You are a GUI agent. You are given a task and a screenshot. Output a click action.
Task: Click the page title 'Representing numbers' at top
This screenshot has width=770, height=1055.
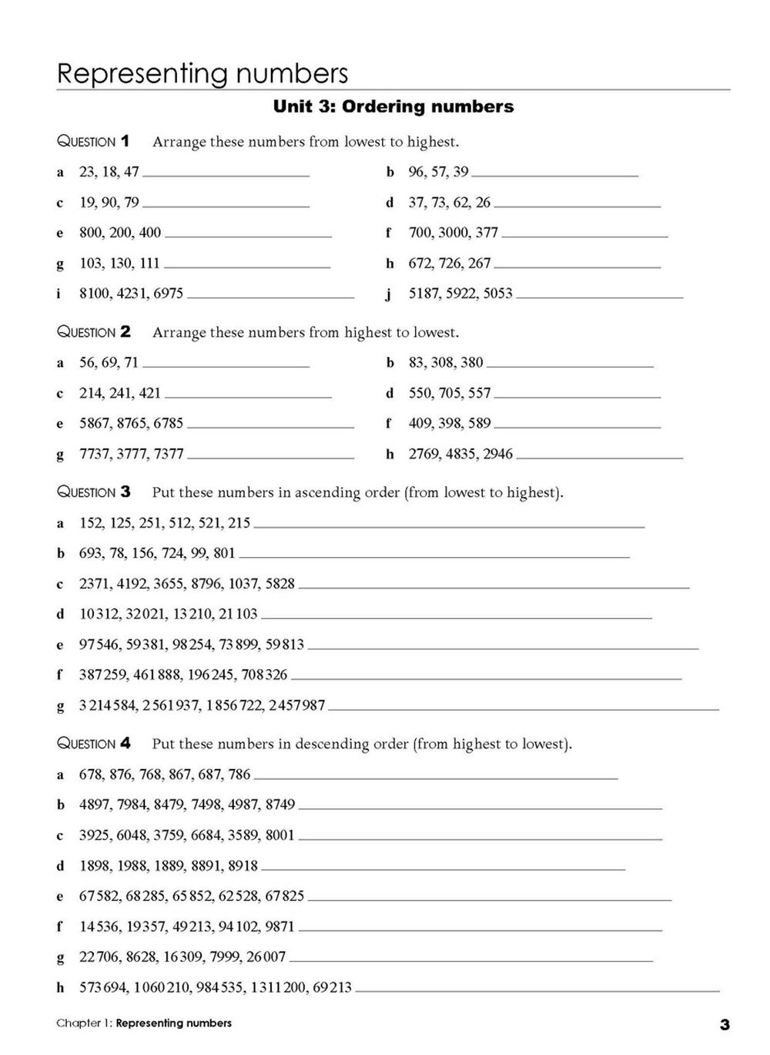(x=203, y=74)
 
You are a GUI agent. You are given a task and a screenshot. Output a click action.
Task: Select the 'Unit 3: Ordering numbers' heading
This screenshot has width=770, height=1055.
(x=393, y=106)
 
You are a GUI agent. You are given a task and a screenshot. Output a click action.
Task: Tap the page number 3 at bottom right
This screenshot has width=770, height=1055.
(x=724, y=1024)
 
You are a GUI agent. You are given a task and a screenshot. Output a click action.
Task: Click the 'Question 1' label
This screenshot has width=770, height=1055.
(x=94, y=142)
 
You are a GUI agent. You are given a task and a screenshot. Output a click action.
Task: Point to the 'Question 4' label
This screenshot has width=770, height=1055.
(x=94, y=744)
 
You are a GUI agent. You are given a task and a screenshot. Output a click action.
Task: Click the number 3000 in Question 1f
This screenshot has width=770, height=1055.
(x=454, y=233)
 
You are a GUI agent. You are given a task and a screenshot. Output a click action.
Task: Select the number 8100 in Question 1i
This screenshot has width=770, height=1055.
(x=95, y=294)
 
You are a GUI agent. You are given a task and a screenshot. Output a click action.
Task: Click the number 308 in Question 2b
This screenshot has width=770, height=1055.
(x=444, y=362)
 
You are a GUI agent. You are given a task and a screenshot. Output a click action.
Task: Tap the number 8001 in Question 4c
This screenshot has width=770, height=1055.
(x=280, y=835)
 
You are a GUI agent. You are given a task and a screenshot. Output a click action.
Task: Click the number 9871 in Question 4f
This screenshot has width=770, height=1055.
(x=280, y=926)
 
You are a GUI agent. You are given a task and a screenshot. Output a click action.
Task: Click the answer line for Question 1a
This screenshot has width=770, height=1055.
(x=226, y=176)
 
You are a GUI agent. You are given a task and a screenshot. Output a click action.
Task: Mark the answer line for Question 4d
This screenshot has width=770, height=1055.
(x=443, y=869)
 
